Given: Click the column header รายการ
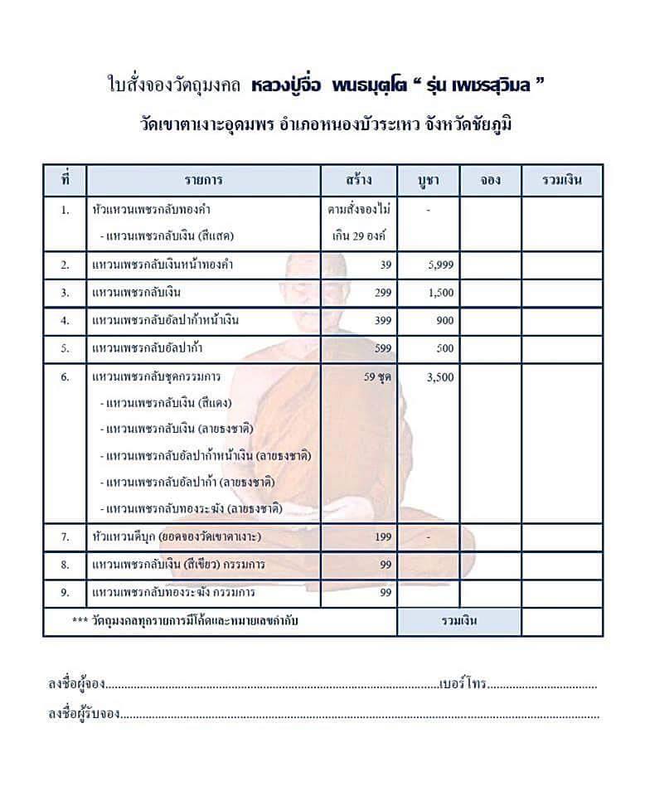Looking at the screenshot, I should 203,180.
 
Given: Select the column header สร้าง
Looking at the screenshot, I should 359,180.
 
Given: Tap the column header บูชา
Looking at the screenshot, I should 428,180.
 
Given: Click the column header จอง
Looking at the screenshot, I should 490,180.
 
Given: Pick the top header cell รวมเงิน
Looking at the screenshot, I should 561,180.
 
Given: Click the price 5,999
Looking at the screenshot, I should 439,265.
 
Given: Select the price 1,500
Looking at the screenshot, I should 439,293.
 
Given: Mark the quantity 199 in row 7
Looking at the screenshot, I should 382,537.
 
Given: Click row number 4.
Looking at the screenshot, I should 65,321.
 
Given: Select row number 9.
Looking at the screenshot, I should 65,593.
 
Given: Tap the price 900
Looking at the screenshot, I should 444,321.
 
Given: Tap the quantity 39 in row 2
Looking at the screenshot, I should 385,265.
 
